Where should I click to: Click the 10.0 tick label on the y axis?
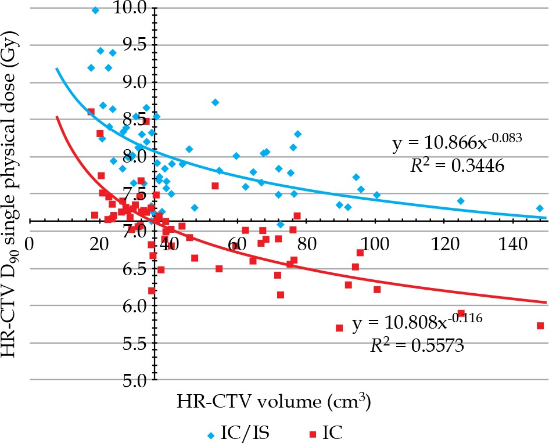135,8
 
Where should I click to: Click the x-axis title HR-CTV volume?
275,401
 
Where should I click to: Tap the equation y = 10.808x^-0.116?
418,322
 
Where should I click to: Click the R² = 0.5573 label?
418,346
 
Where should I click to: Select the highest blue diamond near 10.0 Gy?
95,10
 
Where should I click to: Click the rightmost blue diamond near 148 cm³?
540,208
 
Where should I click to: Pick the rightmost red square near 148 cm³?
540,326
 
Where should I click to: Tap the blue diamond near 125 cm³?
461,201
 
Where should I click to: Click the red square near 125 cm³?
461,313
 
